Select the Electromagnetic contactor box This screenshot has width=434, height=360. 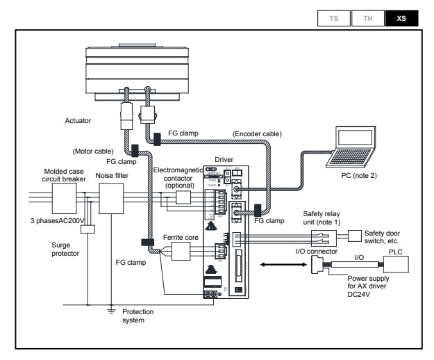183,197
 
